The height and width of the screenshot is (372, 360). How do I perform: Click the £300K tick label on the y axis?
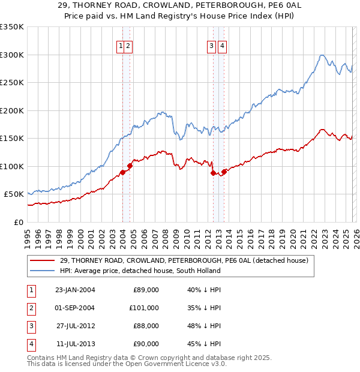click(x=12, y=55)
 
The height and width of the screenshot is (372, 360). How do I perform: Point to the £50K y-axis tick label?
click(x=14, y=194)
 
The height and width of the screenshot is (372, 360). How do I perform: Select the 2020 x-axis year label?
click(x=291, y=234)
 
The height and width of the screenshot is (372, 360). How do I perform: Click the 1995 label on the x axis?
click(x=27, y=234)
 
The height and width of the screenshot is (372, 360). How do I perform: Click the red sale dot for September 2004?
click(x=130, y=166)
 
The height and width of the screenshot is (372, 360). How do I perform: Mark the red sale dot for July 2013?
click(x=223, y=172)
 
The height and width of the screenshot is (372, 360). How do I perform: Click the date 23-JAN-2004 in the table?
click(x=75, y=289)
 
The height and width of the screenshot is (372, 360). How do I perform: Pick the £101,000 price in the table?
click(x=143, y=308)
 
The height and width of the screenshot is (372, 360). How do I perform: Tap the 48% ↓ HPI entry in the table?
click(x=204, y=326)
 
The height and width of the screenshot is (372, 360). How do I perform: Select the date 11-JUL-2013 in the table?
click(x=75, y=344)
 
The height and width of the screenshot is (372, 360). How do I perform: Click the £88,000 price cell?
click(x=146, y=326)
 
